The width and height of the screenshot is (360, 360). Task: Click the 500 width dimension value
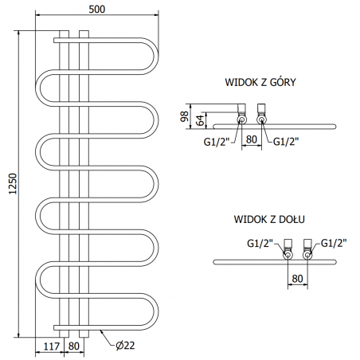[97, 10]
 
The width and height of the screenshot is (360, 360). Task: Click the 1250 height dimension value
[13, 184]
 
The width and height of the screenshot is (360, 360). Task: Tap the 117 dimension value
[52, 346]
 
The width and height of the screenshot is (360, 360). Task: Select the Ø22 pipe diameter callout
[125, 345]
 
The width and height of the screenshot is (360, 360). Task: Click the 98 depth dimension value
[185, 116]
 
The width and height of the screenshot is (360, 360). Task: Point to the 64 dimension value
[201, 120]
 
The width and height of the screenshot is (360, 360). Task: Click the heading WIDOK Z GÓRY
[260, 82]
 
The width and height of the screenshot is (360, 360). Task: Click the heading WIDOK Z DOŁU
[269, 219]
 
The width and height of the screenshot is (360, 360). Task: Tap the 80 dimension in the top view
[252, 139]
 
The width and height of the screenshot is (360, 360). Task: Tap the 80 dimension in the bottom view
[297, 279]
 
